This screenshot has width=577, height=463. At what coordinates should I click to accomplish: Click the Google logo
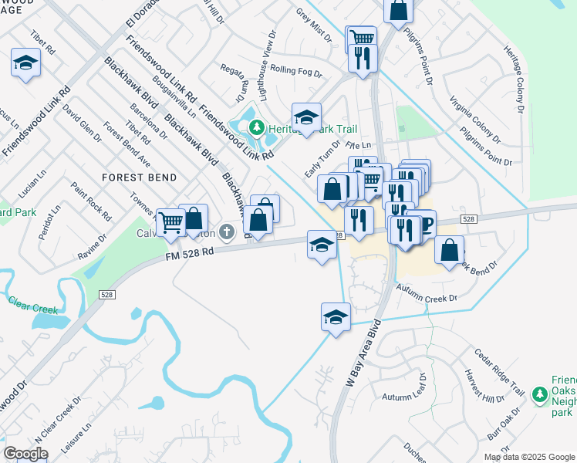25,454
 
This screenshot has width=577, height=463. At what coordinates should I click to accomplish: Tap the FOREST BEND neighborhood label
139,177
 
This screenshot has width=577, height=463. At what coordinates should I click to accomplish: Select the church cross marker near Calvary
227,231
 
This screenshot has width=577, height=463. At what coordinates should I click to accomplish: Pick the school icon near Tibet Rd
26,63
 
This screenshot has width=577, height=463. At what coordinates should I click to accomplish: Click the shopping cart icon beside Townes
170,223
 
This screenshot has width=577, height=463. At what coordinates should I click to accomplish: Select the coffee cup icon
423,225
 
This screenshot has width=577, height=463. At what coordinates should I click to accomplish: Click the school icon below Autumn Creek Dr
336,316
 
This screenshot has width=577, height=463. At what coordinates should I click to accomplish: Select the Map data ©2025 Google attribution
529,456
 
